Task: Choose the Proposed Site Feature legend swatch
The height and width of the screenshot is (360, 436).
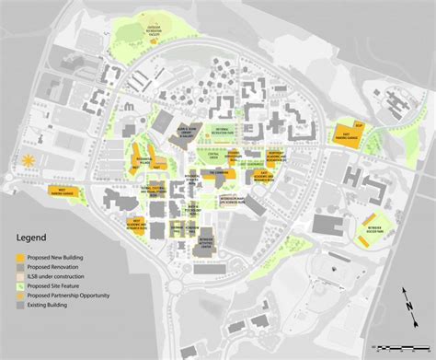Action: pyautogui.click(x=20, y=285)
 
